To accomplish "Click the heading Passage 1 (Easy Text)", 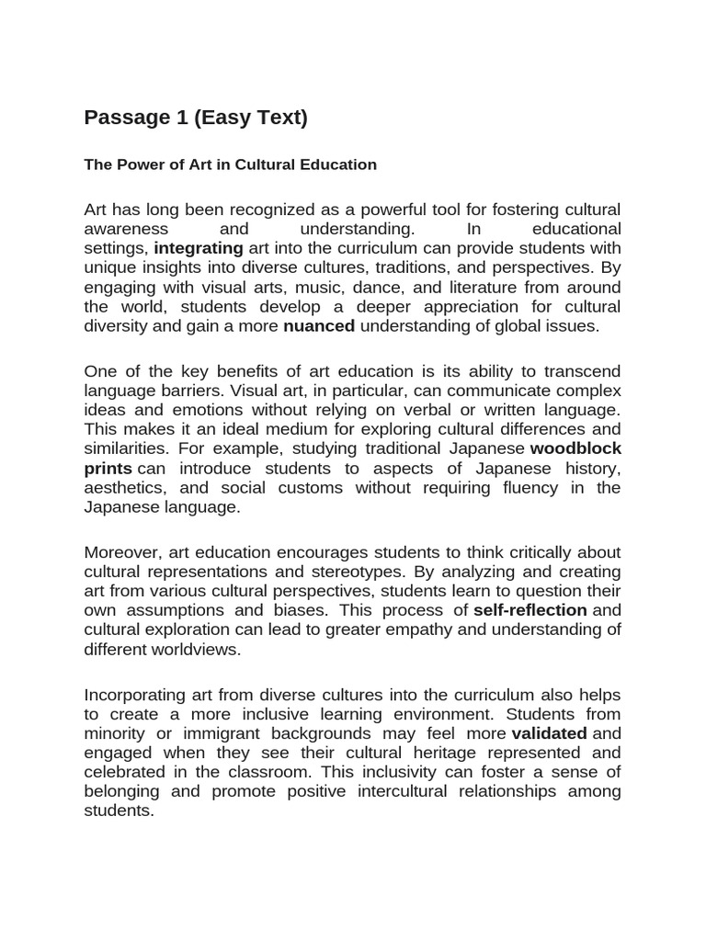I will [196, 118].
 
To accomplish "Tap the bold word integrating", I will [199, 248].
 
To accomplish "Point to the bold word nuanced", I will [319, 325].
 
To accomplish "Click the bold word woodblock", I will [576, 448].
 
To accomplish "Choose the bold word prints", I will [108, 468].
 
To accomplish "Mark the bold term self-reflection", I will [530, 610].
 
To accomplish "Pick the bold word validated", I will [549, 733].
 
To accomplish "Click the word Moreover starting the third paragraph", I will [120, 552].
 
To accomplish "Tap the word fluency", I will [525, 487].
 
